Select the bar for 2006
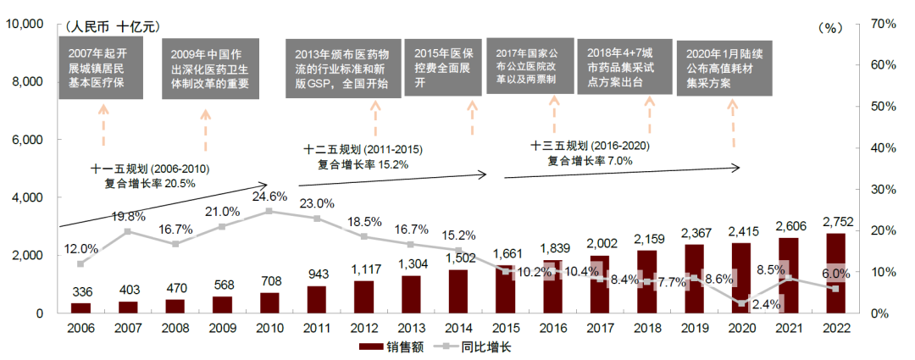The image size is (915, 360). click(x=80, y=307)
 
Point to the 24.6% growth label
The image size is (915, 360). click(x=269, y=196)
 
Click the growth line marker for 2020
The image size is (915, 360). click(x=742, y=303)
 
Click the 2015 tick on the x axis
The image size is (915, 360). click(x=506, y=328)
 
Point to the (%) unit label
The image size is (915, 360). click(x=829, y=28)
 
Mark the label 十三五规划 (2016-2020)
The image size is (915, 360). click(x=590, y=145)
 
